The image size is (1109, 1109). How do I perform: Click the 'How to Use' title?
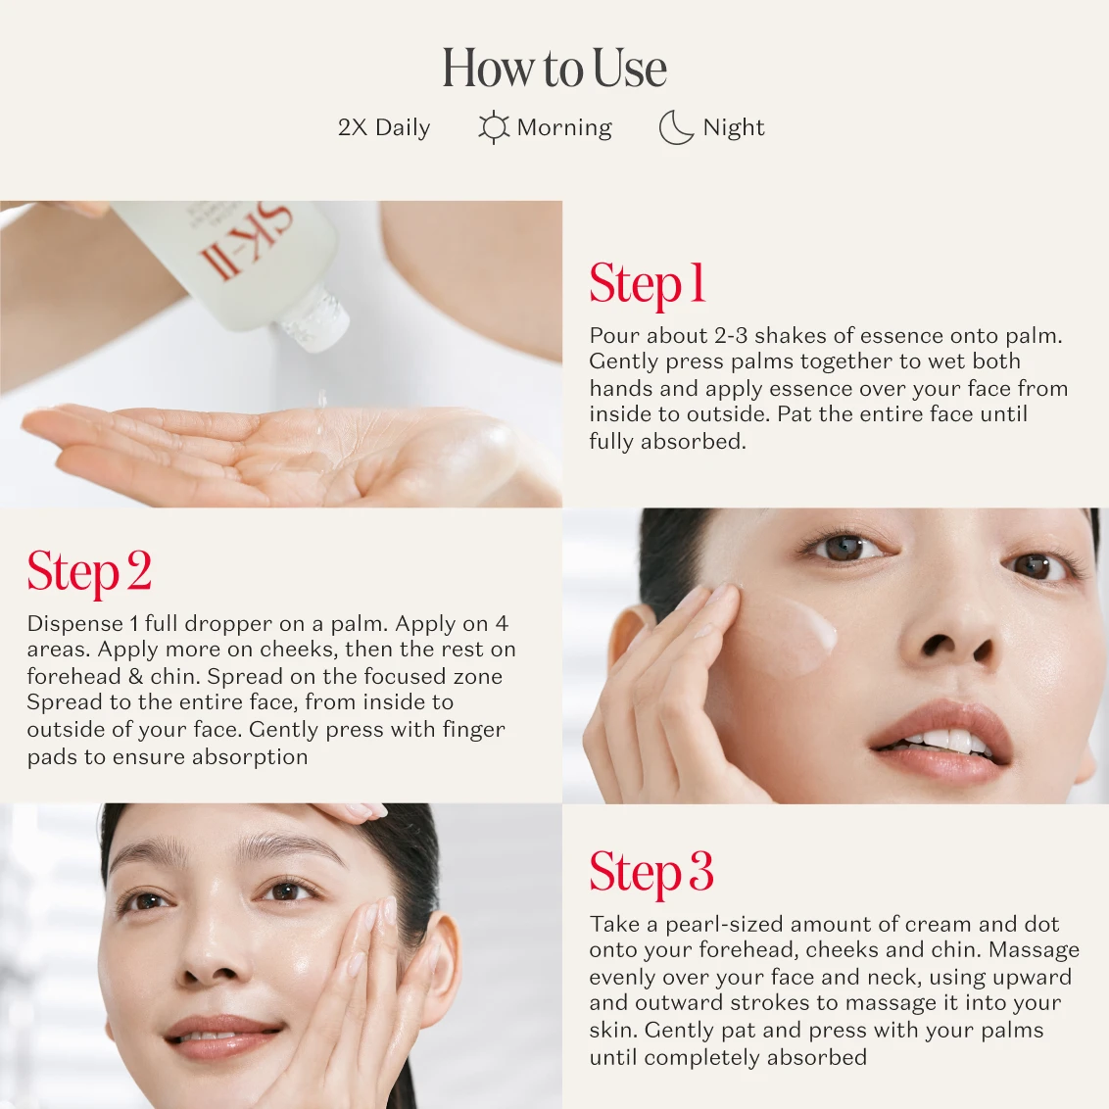554,68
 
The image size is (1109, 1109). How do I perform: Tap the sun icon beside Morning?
493,127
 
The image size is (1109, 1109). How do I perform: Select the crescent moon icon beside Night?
675,127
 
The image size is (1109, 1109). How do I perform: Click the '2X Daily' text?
384,127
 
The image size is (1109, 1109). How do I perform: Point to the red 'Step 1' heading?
648,284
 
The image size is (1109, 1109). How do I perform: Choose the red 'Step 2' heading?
89,572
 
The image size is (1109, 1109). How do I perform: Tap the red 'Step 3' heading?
651,873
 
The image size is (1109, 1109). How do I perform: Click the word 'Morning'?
564,127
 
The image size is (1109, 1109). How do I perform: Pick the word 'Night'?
734,127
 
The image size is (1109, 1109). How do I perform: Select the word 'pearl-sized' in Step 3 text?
724,925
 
